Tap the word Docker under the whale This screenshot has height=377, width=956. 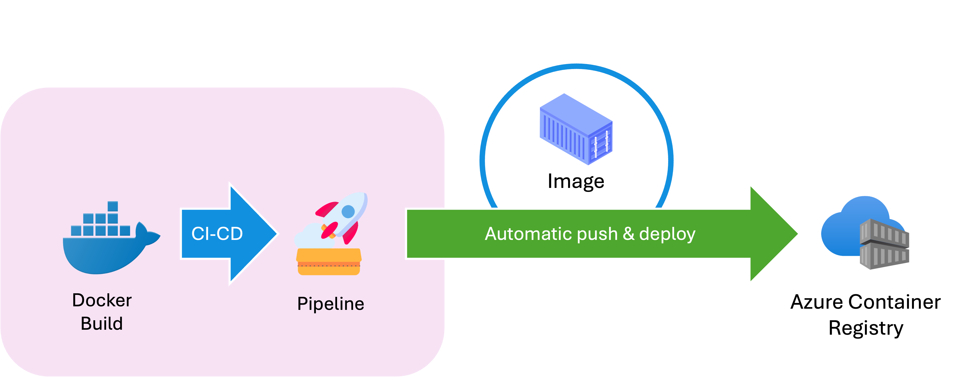(102, 300)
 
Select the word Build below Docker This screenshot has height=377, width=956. (102, 324)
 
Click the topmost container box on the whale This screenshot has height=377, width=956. (113, 206)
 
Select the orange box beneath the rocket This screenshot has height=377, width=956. (329, 262)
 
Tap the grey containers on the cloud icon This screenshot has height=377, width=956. (884, 244)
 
